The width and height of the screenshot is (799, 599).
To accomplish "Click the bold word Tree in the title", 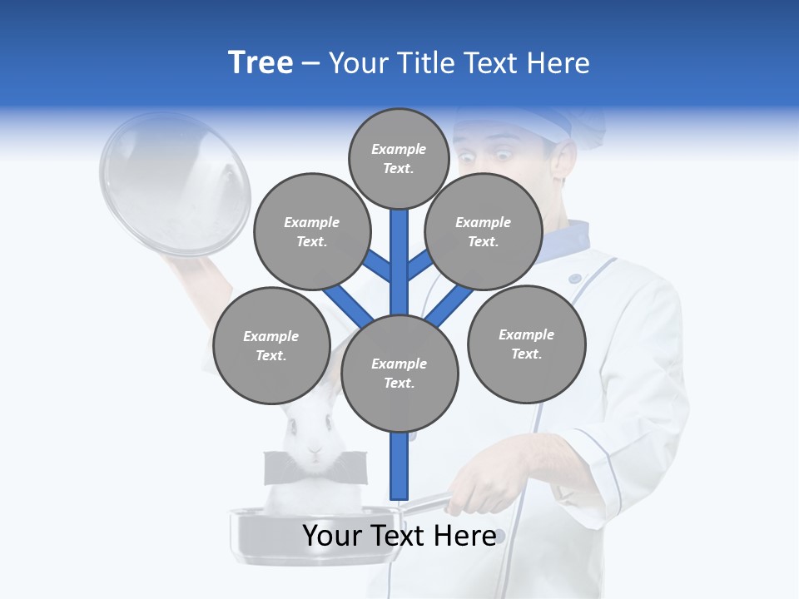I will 261,62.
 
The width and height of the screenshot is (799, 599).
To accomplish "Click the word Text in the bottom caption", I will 396,536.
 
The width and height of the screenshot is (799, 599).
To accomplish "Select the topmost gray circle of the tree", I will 399,158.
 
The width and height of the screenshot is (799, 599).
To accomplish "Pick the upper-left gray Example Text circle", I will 311,231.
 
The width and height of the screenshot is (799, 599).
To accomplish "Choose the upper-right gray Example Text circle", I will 484,231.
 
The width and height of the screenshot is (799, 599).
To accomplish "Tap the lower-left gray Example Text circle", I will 271,345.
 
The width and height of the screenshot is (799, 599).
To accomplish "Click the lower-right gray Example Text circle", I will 526,344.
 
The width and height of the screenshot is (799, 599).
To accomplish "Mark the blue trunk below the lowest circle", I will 399,466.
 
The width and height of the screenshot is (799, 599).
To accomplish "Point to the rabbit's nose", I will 315,450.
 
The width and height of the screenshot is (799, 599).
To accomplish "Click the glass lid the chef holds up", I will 175,183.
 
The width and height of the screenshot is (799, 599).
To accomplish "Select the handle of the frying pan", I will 429,503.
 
